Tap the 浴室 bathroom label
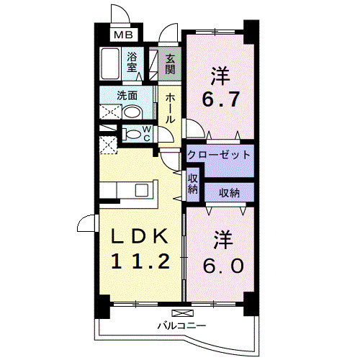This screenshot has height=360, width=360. (132, 63)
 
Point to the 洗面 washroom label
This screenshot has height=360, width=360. (127, 94)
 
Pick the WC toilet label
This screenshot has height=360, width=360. (145, 133)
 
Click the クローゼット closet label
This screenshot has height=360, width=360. (219, 155)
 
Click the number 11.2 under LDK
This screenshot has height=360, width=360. (140, 261)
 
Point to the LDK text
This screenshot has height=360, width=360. (140, 235)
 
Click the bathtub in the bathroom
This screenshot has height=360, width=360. (111, 65)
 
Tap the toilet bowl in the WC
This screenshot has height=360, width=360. (131, 133)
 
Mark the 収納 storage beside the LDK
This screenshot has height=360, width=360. (193, 184)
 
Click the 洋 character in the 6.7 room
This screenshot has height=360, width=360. (220, 74)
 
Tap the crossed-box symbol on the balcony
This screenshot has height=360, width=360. (183, 314)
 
